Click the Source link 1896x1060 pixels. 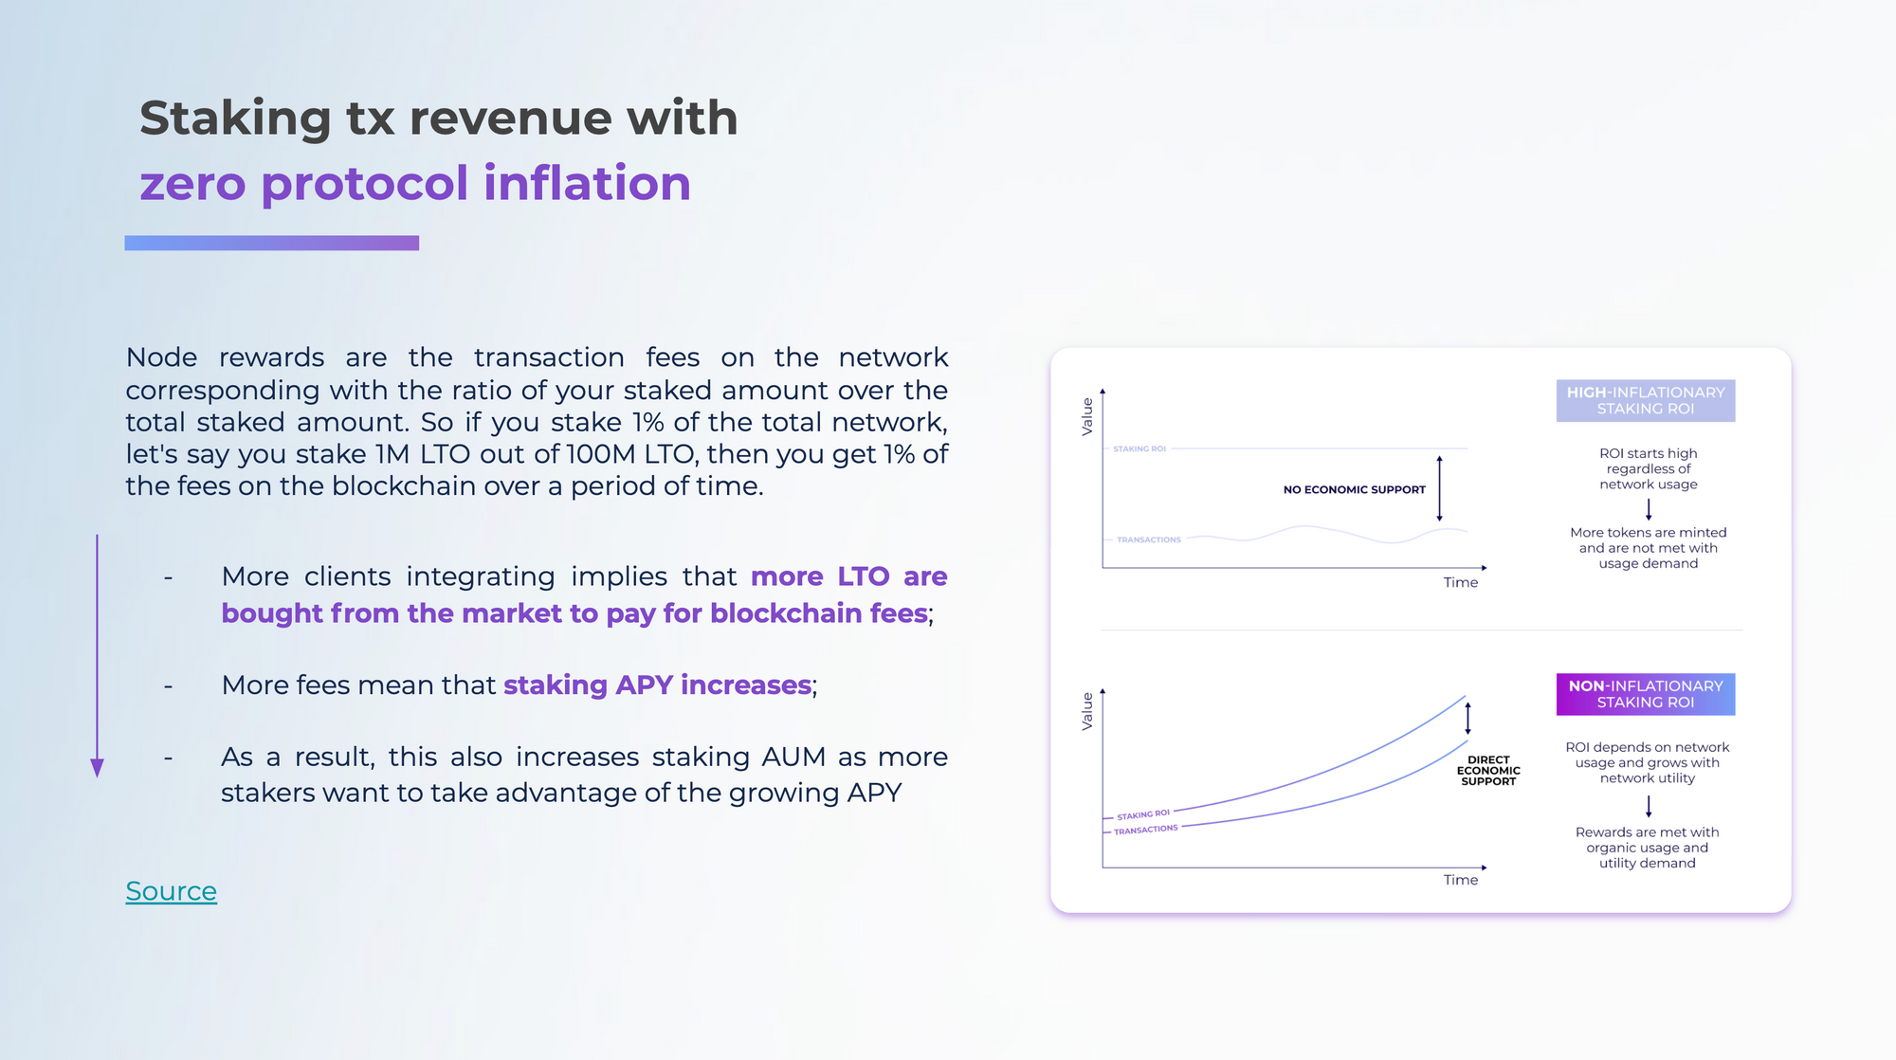(172, 891)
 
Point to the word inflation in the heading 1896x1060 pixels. (588, 183)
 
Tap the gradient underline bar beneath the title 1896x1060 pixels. (272, 243)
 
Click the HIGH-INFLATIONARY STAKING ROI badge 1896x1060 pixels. (1646, 401)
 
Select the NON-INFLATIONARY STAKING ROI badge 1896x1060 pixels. (1646, 694)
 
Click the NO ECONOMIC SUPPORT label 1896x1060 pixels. (1354, 490)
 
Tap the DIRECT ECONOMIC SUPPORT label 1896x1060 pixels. (1488, 771)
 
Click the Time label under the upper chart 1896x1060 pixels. (1461, 583)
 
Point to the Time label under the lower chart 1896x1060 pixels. (1461, 881)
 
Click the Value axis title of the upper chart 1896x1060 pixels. (1087, 416)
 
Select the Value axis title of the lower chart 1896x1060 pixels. (1087, 711)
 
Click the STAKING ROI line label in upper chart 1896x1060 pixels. (1139, 448)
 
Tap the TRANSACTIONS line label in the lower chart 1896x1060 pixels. (1146, 830)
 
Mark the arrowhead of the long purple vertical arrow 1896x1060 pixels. (97, 768)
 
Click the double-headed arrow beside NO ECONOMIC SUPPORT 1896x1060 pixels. (1439, 488)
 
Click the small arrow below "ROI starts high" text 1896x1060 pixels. (1649, 510)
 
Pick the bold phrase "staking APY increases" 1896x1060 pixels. (658, 685)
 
